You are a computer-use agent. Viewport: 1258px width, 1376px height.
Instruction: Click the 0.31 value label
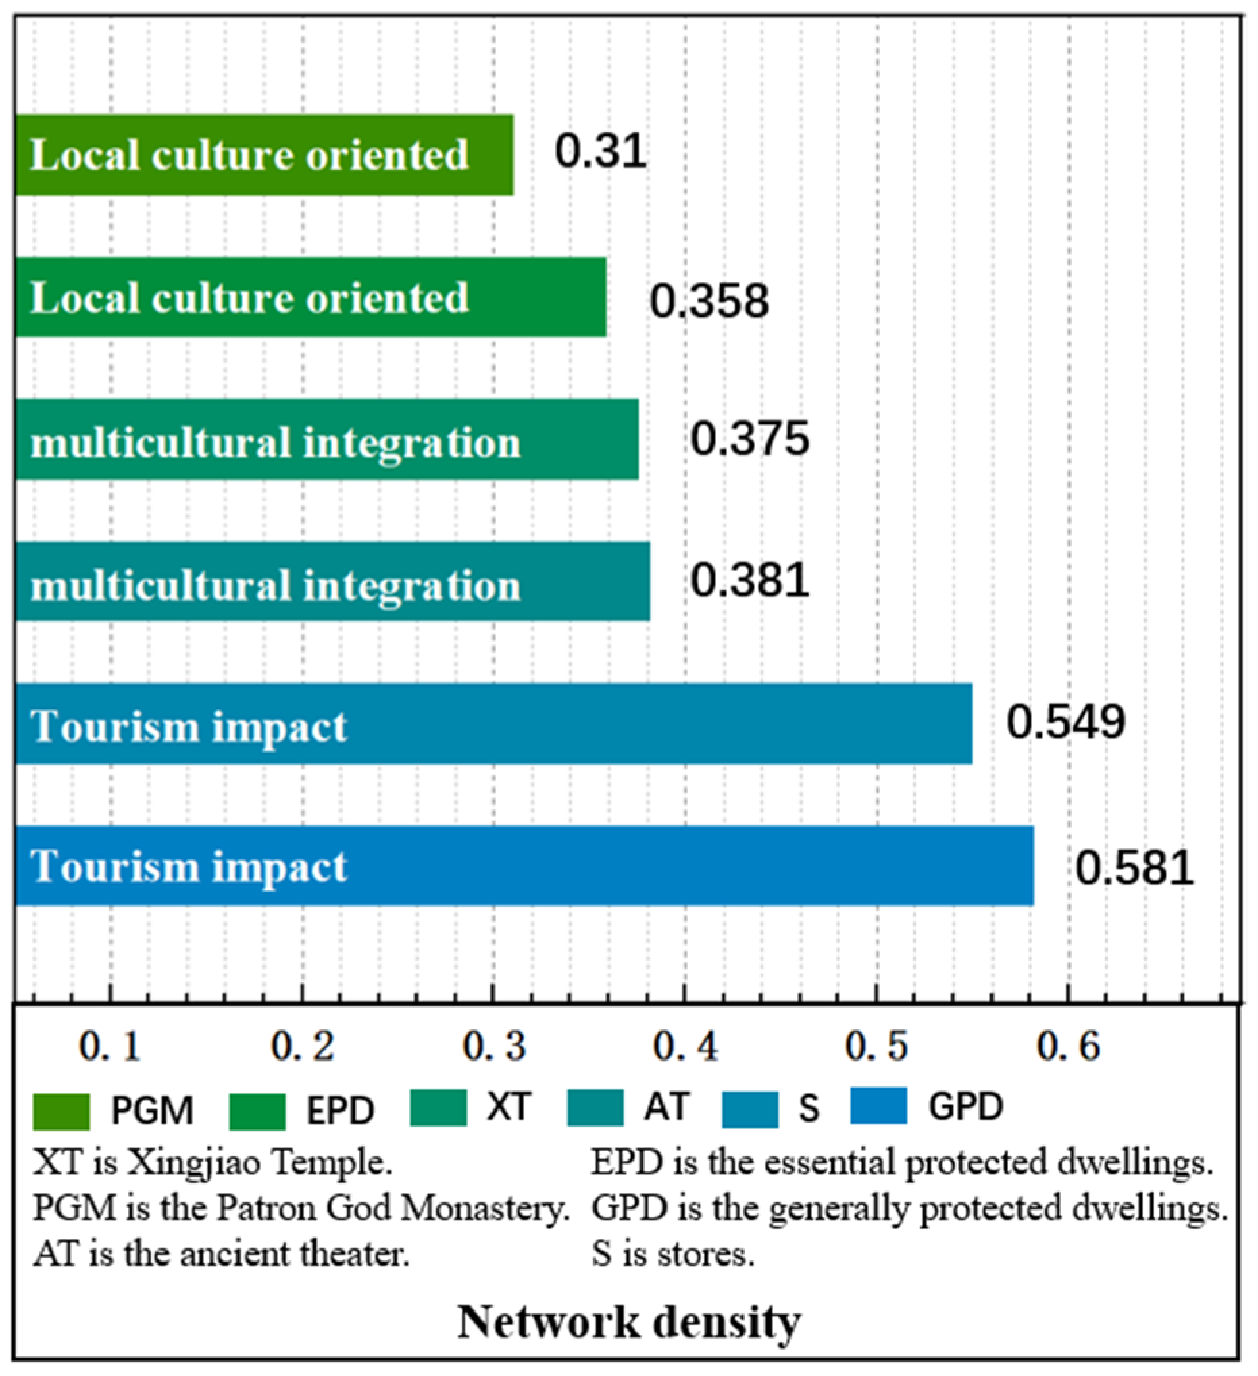click(600, 151)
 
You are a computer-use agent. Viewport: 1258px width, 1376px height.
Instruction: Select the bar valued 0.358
click(311, 298)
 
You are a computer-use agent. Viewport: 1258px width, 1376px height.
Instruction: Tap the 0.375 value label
click(749, 438)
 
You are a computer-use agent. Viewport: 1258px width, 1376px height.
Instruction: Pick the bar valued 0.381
click(332, 582)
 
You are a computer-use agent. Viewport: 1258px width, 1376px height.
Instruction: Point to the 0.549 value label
click(1065, 721)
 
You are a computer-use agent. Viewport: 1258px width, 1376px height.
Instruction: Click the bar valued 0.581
click(524, 865)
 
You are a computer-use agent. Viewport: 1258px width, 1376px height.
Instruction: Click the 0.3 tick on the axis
click(493, 1046)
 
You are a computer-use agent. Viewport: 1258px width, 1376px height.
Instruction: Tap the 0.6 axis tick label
click(1068, 1046)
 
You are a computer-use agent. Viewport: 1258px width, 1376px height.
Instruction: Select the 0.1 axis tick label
click(110, 1046)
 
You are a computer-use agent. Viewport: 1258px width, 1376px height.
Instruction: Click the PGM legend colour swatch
click(61, 1112)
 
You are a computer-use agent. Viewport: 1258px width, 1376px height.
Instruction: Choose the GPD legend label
click(965, 1106)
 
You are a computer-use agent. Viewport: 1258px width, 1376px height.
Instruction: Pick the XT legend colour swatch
click(438, 1107)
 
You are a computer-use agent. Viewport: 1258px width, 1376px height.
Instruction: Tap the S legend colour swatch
click(749, 1110)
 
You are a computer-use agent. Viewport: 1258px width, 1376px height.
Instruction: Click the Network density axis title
click(628, 1322)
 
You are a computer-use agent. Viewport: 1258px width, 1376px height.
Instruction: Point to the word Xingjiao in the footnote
click(186, 1163)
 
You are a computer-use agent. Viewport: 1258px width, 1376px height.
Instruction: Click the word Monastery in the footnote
click(484, 1208)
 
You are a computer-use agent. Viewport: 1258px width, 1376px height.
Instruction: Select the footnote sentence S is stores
click(672, 1254)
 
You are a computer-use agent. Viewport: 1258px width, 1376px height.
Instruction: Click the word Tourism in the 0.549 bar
click(114, 726)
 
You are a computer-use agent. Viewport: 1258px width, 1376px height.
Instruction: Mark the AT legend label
click(666, 1106)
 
